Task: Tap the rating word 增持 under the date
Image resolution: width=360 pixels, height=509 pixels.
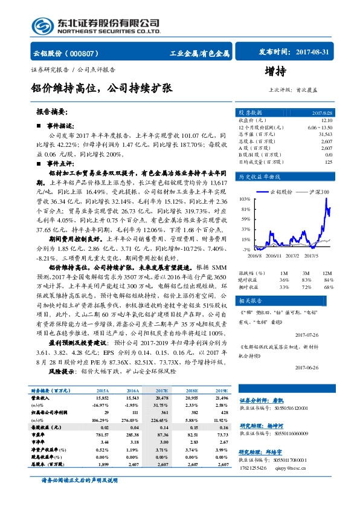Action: pyautogui.click(x=275, y=71)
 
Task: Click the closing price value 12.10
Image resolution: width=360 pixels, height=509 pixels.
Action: pyautogui.click(x=327, y=120)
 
